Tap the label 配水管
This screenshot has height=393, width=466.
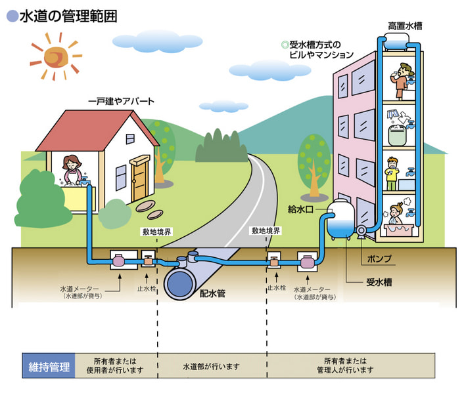click(x=212, y=294)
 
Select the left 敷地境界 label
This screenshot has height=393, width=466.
click(x=157, y=232)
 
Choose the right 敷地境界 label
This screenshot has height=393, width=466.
click(x=266, y=232)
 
